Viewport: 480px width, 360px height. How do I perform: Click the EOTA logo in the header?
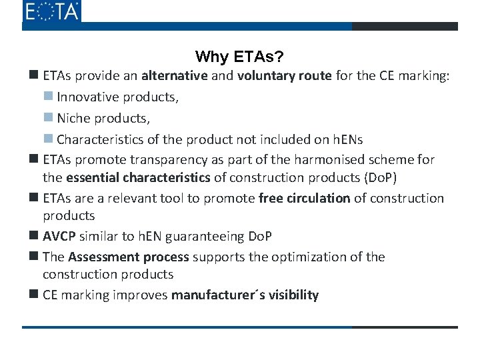tap(51, 11)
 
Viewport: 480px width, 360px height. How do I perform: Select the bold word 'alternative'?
tap(175, 76)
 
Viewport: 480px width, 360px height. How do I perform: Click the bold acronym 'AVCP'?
tap(59, 237)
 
